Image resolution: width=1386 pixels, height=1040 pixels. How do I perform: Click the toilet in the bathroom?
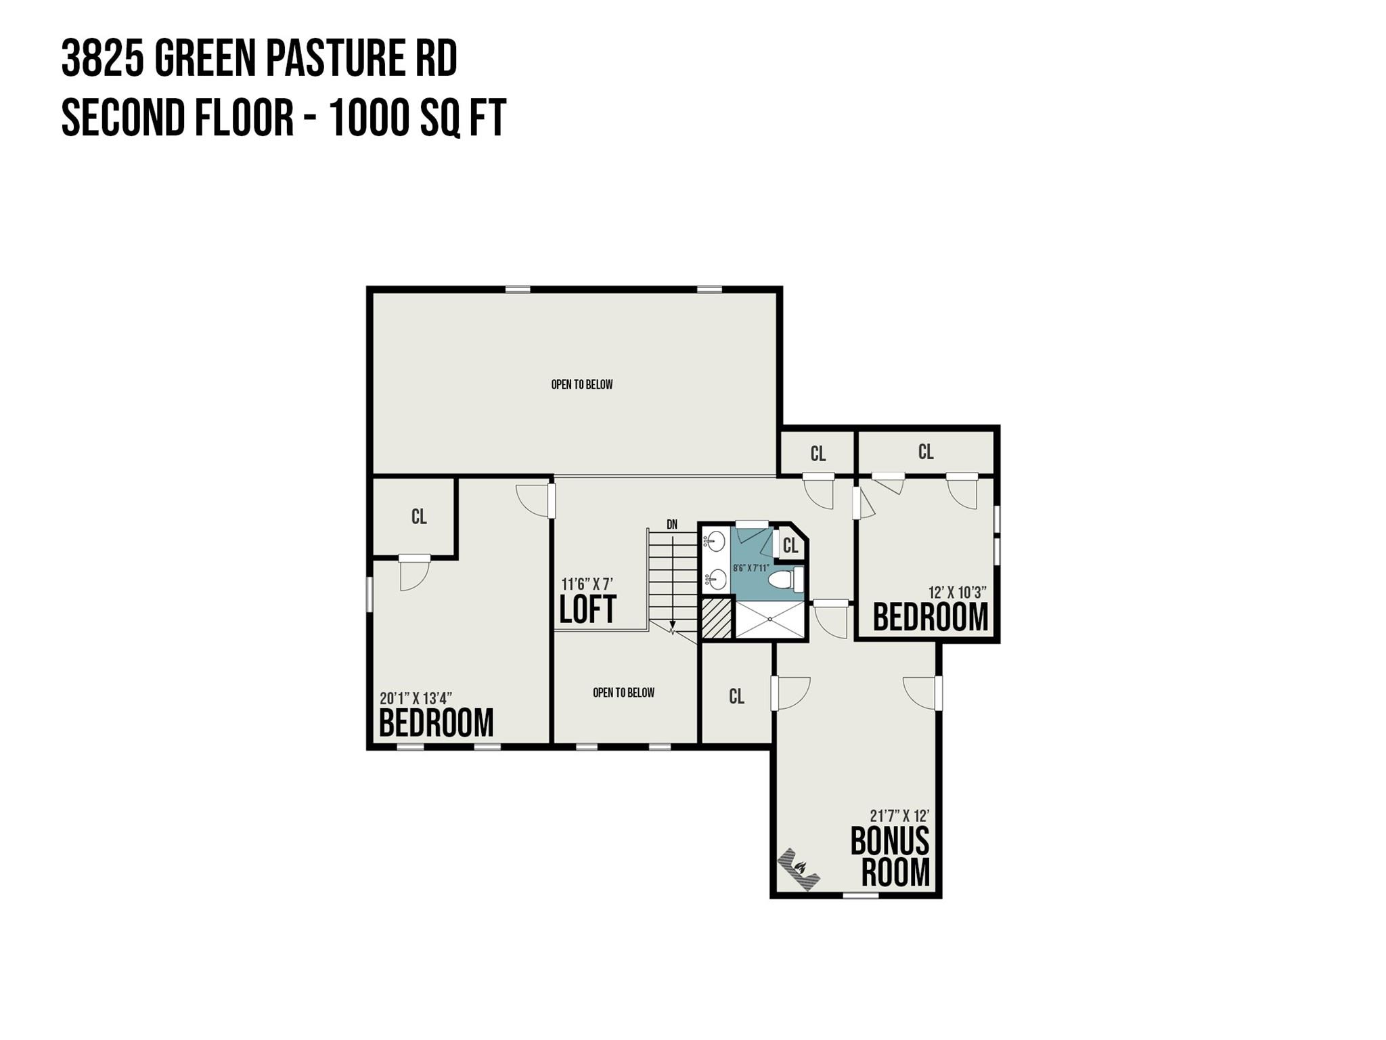click(x=785, y=580)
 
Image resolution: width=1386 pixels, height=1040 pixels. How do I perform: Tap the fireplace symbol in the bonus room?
click(x=799, y=869)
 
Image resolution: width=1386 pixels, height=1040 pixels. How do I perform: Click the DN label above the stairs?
click(x=672, y=524)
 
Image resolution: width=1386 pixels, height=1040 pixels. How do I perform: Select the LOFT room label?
click(x=587, y=609)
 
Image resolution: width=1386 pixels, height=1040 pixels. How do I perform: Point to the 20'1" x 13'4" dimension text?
click(x=416, y=698)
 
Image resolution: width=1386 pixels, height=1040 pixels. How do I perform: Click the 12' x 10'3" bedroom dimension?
click(x=957, y=592)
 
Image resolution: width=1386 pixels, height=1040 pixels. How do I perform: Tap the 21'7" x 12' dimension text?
click(x=899, y=816)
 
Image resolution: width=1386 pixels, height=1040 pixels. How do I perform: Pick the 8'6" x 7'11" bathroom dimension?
click(x=751, y=568)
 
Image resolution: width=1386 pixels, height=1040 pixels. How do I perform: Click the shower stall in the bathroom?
click(x=770, y=619)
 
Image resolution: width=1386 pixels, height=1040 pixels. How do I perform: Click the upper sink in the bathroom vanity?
click(x=716, y=541)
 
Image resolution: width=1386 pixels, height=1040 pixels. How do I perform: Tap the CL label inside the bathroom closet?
click(x=790, y=545)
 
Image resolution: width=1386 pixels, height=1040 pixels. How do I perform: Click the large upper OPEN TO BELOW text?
click(x=582, y=385)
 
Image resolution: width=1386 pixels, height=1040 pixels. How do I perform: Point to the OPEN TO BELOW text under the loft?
click(x=623, y=693)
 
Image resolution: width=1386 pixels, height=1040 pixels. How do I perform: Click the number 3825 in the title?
click(x=102, y=58)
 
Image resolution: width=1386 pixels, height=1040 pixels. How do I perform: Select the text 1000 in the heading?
click(x=371, y=118)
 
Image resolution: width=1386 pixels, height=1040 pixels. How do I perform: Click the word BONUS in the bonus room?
click(x=889, y=842)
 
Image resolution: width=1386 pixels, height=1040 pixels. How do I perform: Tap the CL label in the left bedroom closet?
click(x=419, y=517)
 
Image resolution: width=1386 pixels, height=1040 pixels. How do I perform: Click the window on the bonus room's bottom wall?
click(x=860, y=895)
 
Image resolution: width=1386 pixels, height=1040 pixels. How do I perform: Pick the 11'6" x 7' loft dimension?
click(x=587, y=584)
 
